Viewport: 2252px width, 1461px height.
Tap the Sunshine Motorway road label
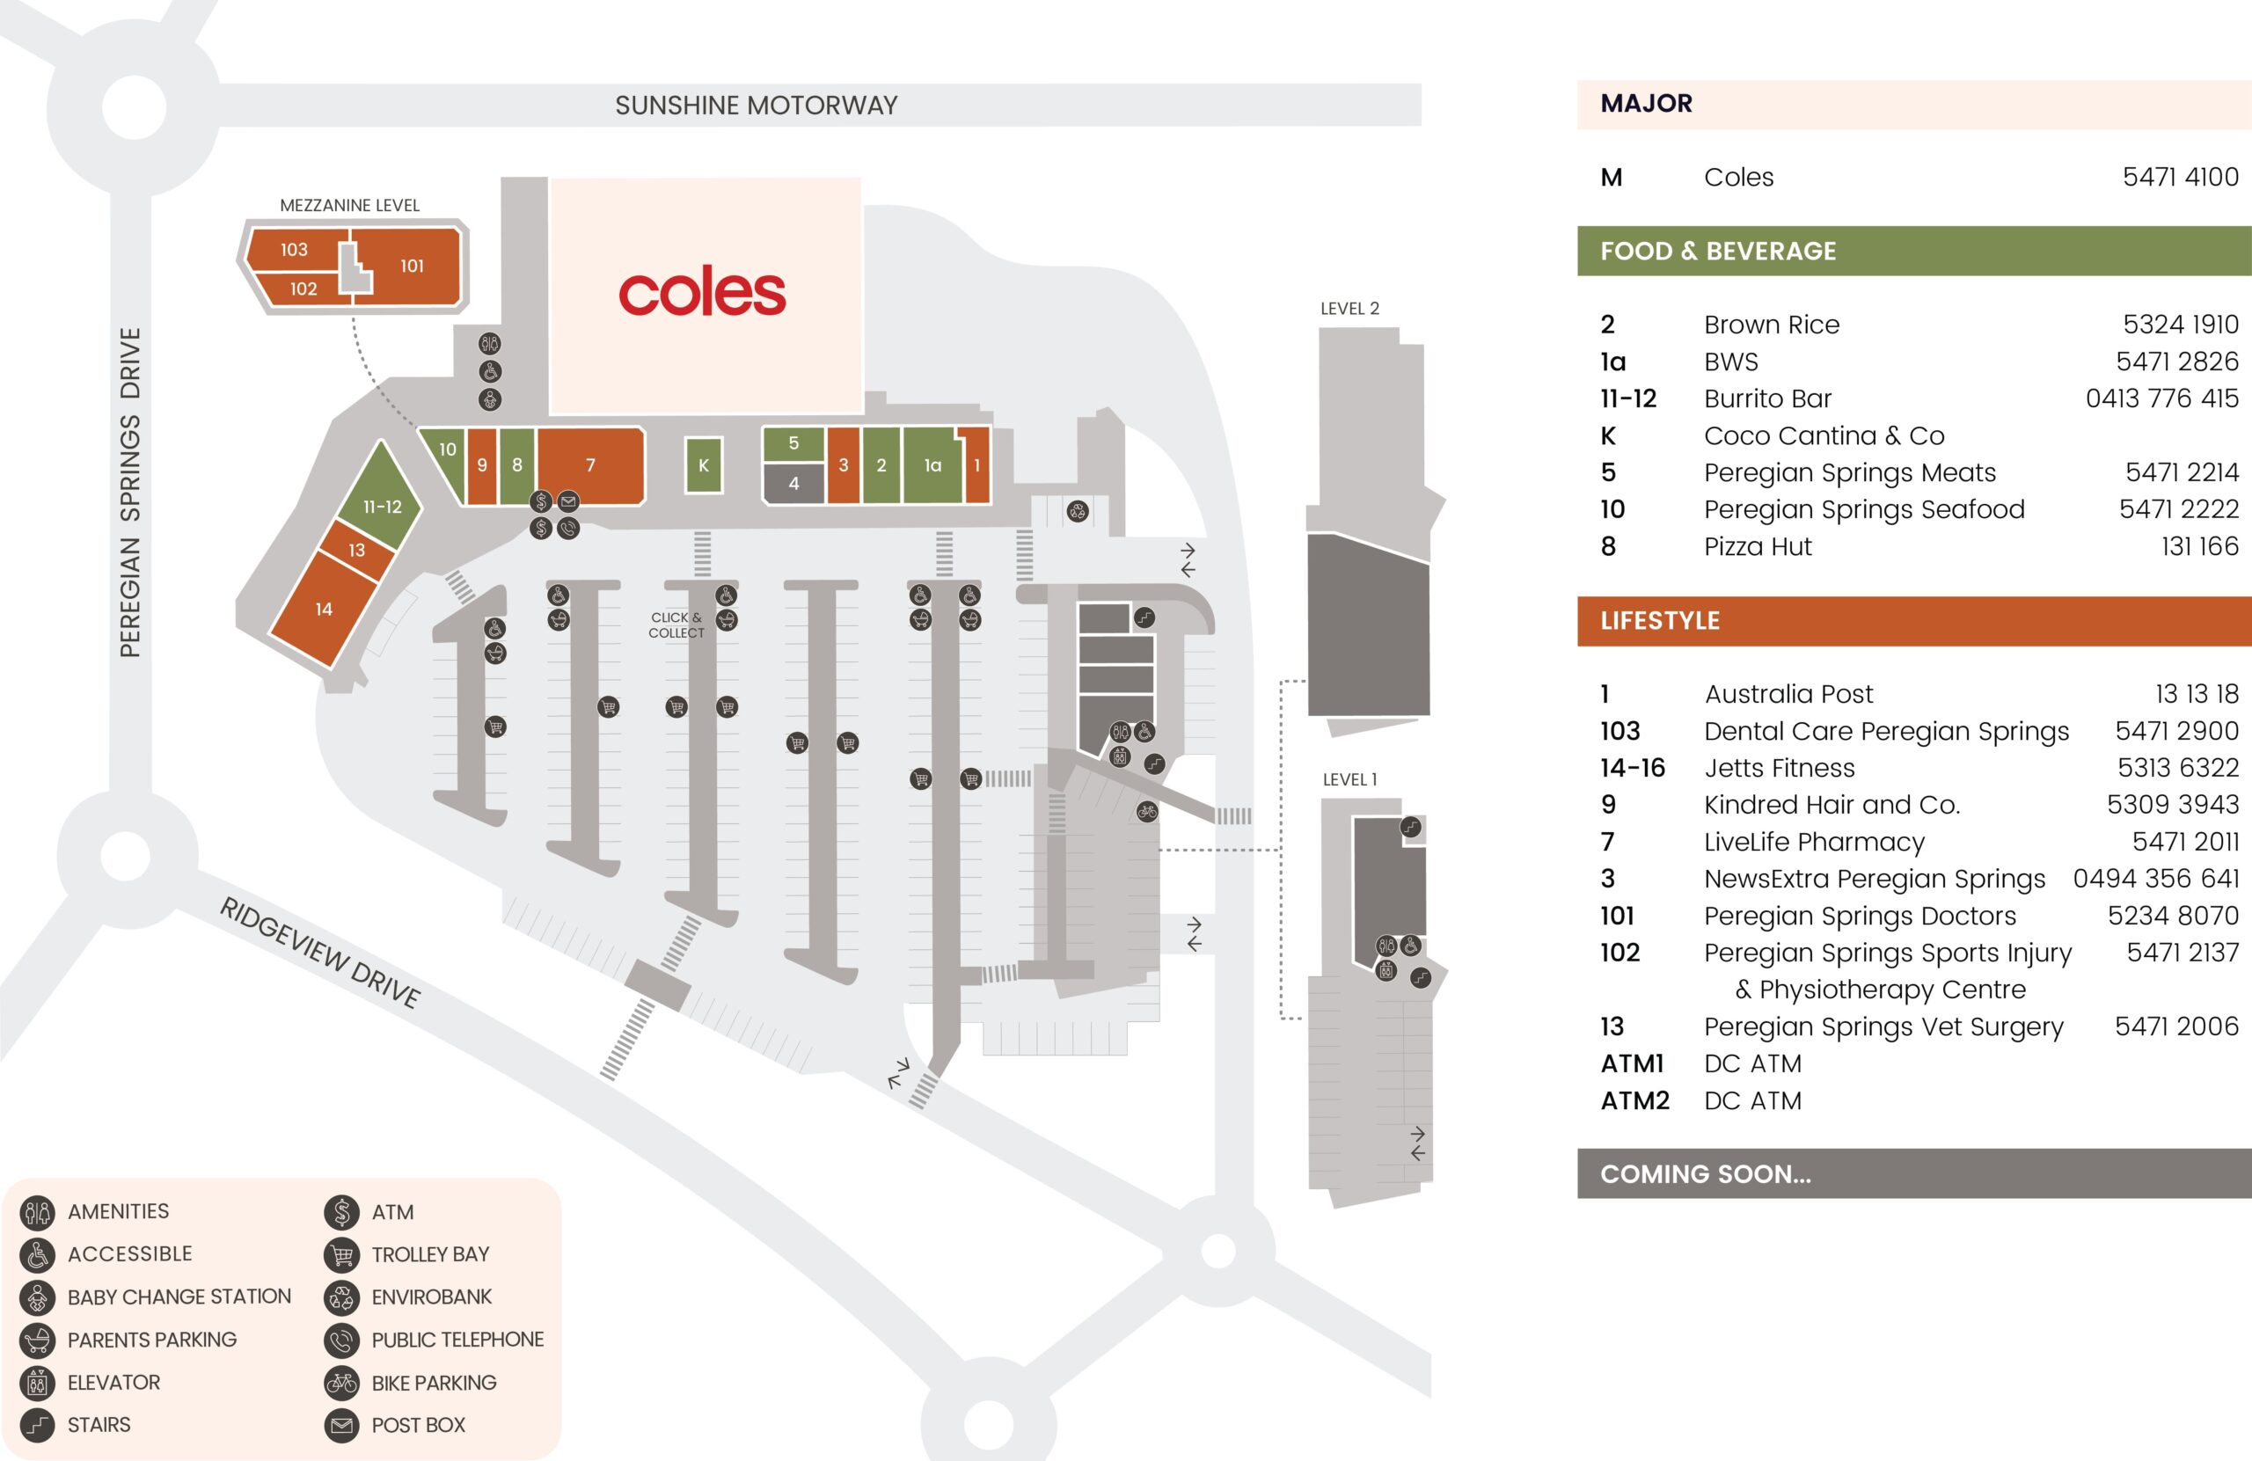756,105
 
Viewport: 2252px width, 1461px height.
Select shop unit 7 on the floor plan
590,464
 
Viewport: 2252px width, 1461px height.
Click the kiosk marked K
703,464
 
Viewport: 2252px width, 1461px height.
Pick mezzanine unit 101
412,266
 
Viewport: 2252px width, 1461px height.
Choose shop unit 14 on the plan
324,610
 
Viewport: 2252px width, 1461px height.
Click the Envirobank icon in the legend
341,1297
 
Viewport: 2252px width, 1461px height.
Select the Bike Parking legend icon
341,1383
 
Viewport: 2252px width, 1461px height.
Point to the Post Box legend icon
341,1425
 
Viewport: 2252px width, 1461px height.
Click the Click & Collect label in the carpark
676,625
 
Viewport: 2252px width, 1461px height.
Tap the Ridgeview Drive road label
320,952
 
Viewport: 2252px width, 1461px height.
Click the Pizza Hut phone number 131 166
2199,546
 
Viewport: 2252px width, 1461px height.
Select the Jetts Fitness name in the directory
1779,767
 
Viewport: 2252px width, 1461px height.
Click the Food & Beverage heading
1717,251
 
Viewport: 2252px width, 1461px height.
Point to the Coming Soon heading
1705,1173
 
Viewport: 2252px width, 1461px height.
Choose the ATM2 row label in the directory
1634,1100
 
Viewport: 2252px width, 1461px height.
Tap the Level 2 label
1349,309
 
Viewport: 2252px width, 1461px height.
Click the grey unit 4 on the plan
793,484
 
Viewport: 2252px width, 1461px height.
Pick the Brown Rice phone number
2180,325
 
